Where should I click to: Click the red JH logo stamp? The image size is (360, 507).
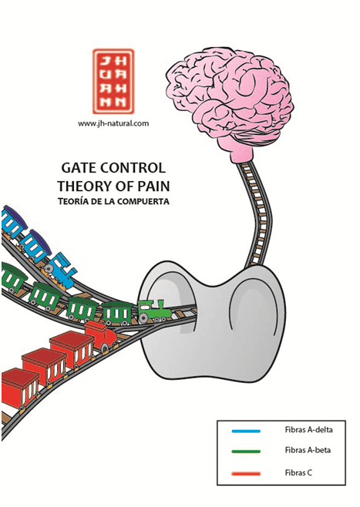click(x=113, y=81)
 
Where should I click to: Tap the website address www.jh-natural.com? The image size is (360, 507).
click(x=113, y=123)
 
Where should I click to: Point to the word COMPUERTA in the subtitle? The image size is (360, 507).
click(x=143, y=201)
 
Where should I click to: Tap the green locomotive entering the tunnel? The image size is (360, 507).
click(x=155, y=312)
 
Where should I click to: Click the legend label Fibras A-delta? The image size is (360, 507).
click(x=308, y=430)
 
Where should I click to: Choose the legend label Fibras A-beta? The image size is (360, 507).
click(x=308, y=450)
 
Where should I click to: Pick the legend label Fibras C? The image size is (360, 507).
click(x=298, y=473)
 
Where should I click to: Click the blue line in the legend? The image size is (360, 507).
click(x=246, y=431)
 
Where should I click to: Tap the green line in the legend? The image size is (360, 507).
click(x=246, y=452)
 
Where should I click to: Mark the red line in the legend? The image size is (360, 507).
click(x=246, y=474)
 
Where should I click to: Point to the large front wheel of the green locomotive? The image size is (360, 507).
click(x=143, y=318)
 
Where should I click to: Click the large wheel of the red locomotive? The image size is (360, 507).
click(x=105, y=348)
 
